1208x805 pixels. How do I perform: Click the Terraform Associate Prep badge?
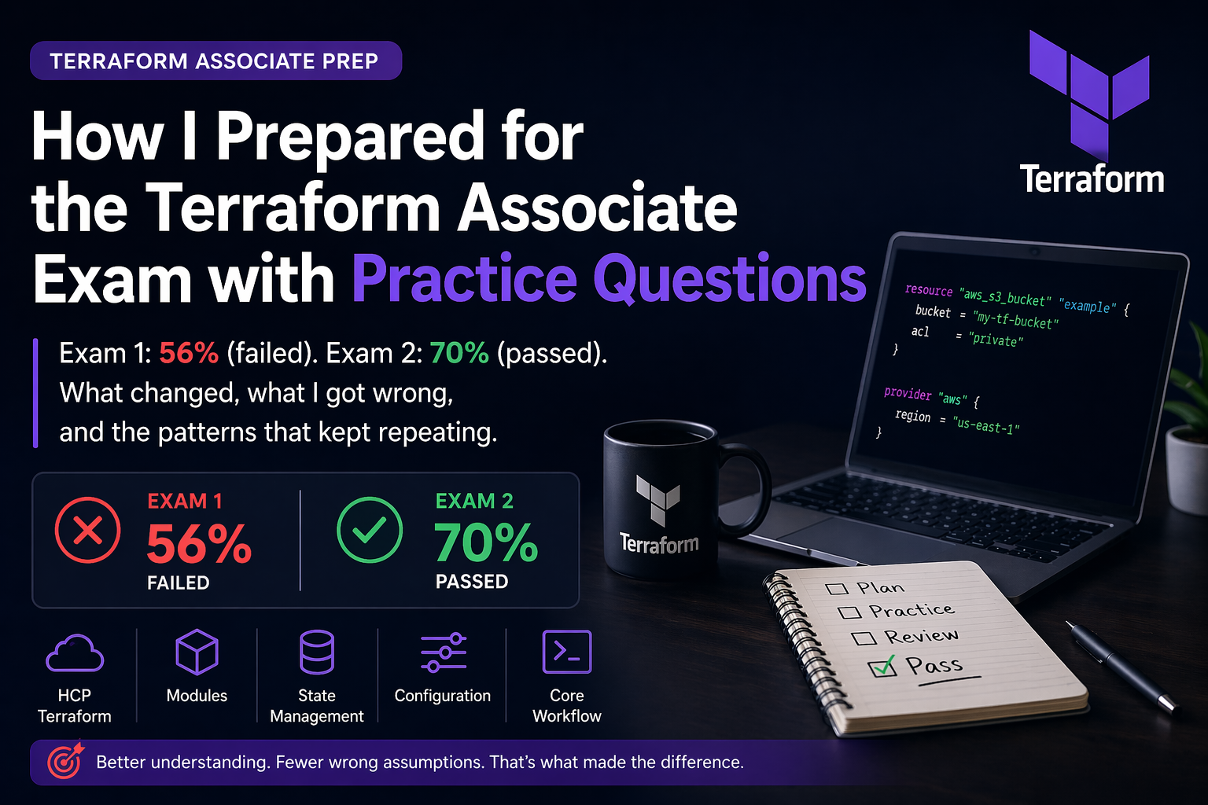[x=215, y=61]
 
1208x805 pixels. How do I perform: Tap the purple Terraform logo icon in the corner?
[x=1089, y=94]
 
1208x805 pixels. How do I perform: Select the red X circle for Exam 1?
[x=88, y=530]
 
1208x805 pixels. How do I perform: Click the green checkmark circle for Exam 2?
[x=370, y=530]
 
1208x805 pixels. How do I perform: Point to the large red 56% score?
[x=199, y=544]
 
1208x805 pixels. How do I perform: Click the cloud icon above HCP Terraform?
[x=75, y=653]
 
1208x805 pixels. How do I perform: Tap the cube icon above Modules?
[x=197, y=652]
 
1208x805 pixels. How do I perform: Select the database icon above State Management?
[x=317, y=652]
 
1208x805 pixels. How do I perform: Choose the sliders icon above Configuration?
[x=444, y=652]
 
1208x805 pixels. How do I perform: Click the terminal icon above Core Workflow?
[x=567, y=652]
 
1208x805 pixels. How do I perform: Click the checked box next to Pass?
[x=882, y=667]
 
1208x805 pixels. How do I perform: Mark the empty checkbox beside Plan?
[x=837, y=588]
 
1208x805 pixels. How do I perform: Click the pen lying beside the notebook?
[x=1121, y=667]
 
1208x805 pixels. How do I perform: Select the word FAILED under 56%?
[x=179, y=583]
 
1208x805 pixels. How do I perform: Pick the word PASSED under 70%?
[x=472, y=582]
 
